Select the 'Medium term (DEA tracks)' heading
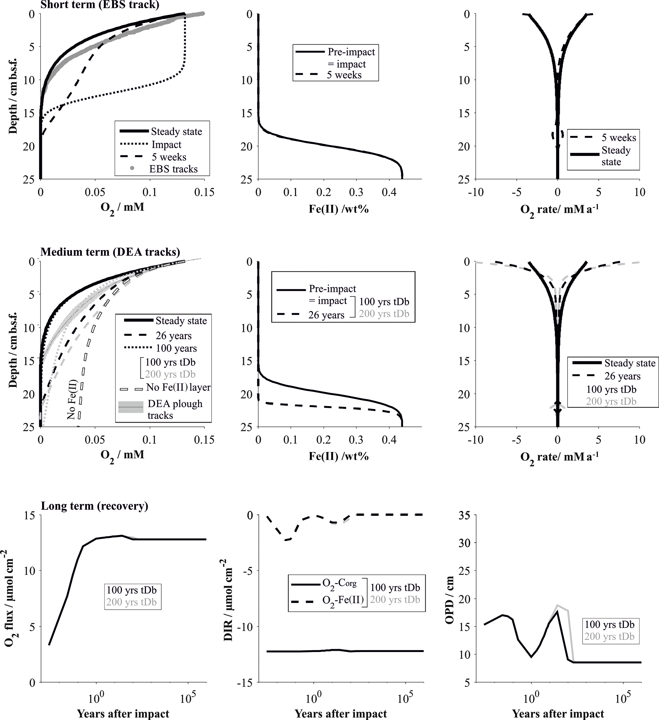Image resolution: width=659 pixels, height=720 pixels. pyautogui.click(x=110, y=252)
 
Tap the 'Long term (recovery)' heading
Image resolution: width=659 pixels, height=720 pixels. pyautogui.click(x=95, y=506)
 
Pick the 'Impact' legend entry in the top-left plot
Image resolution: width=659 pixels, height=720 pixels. pyautogui.click(x=166, y=145)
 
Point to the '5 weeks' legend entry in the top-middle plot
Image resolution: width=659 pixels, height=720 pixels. pyautogui.click(x=344, y=75)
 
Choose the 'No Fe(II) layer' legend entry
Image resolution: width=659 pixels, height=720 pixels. pyautogui.click(x=178, y=387)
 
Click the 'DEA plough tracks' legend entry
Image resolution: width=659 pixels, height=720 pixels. pyautogui.click(x=175, y=409)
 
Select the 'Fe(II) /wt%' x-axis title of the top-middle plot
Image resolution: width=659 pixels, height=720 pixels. pyautogui.click(x=338, y=209)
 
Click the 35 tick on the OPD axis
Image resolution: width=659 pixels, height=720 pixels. pyautogui.click(x=465, y=516)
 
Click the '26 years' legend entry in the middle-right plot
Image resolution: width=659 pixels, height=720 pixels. pyautogui.click(x=622, y=376)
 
